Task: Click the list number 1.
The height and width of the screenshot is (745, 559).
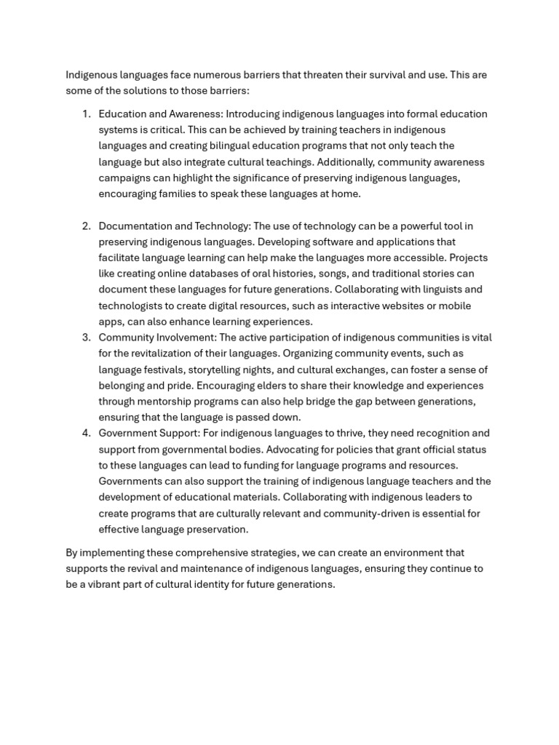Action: click(85, 114)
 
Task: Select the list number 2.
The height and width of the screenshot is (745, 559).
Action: click(85, 226)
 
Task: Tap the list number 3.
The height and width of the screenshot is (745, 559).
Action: click(85, 338)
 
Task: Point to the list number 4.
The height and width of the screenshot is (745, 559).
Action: click(85, 434)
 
